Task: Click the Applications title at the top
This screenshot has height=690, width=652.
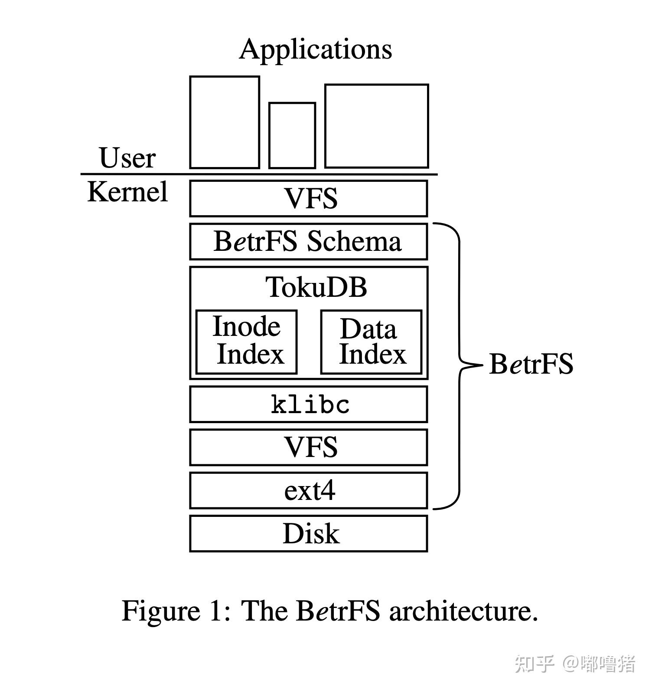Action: tap(316, 49)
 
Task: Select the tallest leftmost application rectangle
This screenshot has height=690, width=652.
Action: tap(225, 122)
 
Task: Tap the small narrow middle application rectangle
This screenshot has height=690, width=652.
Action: tap(292, 135)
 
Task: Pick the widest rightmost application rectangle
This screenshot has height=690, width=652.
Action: tap(376, 126)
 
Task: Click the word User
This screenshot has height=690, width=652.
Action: tap(127, 158)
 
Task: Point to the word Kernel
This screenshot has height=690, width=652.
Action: tap(127, 191)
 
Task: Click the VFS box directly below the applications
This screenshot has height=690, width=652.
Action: tap(309, 198)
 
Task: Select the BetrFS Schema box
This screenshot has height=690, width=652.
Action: tap(309, 242)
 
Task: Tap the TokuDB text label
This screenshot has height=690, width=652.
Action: tap(316, 287)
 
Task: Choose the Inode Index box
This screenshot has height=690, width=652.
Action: tap(246, 342)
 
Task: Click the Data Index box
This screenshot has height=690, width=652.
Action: tap(371, 342)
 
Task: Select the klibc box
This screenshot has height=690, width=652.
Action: tap(309, 404)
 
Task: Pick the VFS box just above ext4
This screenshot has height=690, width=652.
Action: tap(309, 447)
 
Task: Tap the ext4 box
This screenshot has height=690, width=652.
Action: tap(309, 490)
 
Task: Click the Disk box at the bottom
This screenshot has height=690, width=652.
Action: tap(309, 533)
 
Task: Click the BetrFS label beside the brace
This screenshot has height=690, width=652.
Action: tap(531, 364)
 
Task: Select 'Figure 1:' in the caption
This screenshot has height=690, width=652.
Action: tap(175, 611)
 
